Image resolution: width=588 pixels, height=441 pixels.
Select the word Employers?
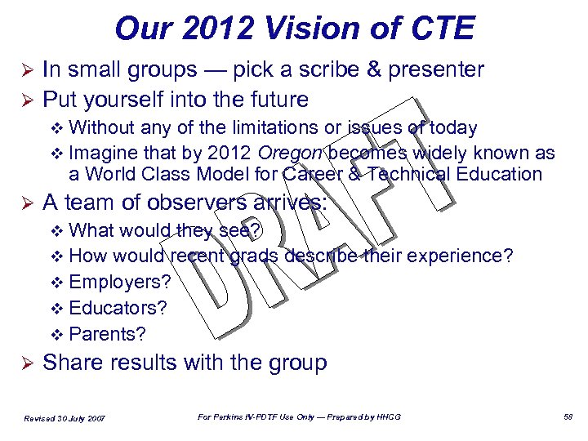[121, 282]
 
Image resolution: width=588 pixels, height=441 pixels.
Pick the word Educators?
[118, 308]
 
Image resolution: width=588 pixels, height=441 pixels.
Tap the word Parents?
[108, 334]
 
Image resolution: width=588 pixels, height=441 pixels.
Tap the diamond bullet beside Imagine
[56, 154]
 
